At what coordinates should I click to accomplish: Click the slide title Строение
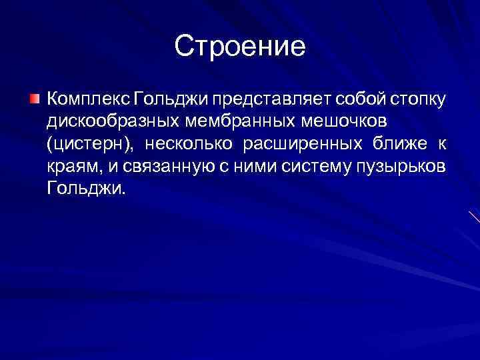pyautogui.click(x=240, y=46)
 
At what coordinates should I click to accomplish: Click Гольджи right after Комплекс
pyautogui.click(x=171, y=100)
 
